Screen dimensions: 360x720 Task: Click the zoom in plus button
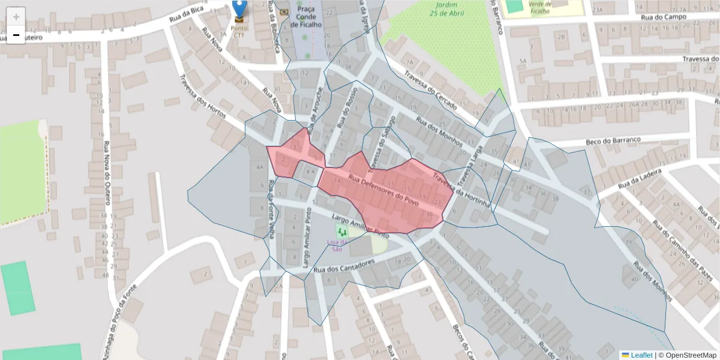pyautogui.click(x=16, y=17)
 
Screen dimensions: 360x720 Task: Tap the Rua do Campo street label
pyautogui.click(x=663, y=17)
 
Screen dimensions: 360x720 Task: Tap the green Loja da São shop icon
pyautogui.click(x=343, y=231)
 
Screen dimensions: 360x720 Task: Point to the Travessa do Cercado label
pyautogui.click(x=431, y=91)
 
